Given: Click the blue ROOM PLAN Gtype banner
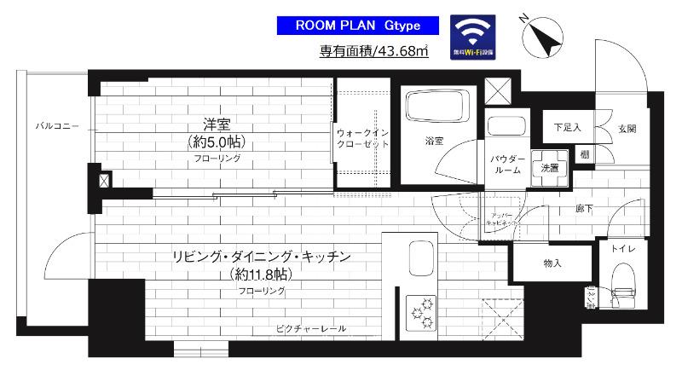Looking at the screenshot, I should coord(359,26).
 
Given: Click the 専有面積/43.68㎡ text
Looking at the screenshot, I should coord(373,52).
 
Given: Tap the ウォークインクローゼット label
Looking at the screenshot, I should coord(362,139).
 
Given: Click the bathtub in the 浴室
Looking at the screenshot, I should coord(434,108).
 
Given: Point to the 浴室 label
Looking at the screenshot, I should coord(434,141).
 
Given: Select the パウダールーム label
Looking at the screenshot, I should coord(506,165).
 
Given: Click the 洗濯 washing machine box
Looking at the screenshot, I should coord(549,167).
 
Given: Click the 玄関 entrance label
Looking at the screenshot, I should coord(627,128).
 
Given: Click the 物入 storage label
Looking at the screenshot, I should coord(552,263).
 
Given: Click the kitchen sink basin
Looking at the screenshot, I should coord(423,256).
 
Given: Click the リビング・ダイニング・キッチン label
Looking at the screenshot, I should coord(263,256).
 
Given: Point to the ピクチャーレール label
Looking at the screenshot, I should coord(309,328).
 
